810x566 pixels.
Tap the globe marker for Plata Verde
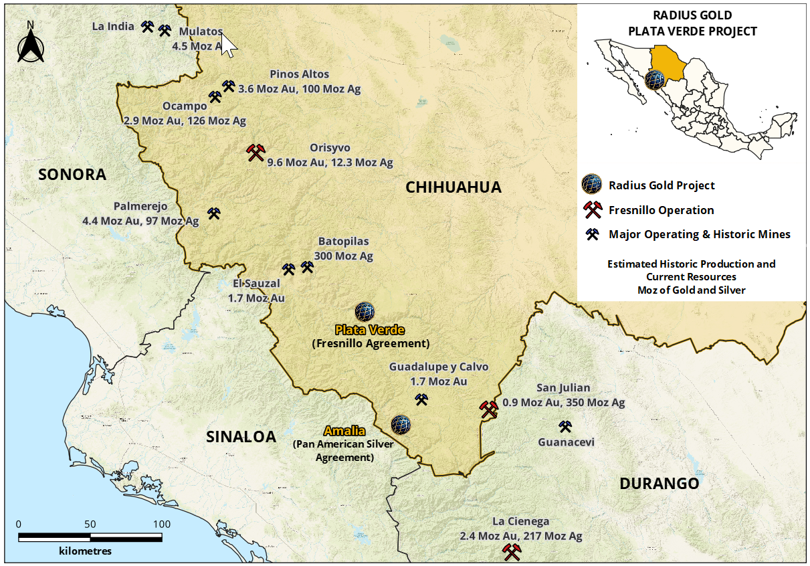click(365, 311)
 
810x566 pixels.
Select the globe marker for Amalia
click(400, 423)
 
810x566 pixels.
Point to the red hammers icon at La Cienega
click(512, 552)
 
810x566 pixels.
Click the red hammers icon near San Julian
click(489, 409)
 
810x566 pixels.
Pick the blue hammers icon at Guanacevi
click(565, 426)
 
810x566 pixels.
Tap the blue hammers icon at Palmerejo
click(214, 213)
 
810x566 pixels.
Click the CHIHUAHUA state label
click(453, 187)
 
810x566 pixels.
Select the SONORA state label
click(72, 175)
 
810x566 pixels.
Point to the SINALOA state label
click(241, 437)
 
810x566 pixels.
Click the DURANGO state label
click(659, 483)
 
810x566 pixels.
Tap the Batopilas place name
click(343, 242)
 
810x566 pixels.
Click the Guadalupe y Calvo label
click(439, 367)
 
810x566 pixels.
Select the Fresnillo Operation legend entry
click(661, 210)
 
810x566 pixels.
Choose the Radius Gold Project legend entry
click(661, 185)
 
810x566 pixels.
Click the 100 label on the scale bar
click(161, 523)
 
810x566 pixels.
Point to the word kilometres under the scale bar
click(85, 551)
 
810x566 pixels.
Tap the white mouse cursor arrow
click(229, 44)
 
